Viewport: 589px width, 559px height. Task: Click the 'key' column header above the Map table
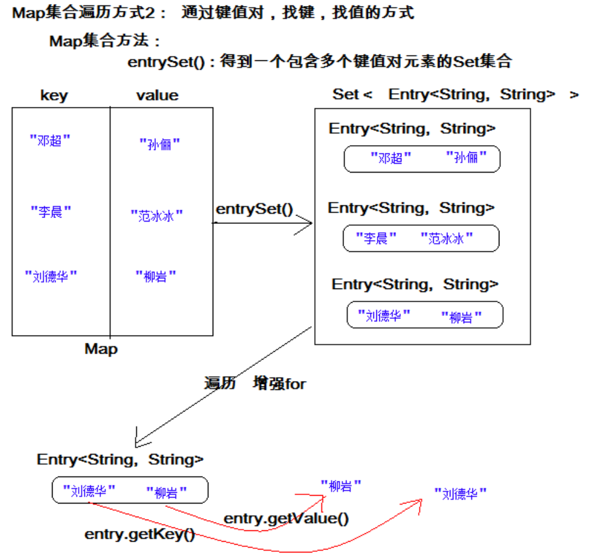coord(54,96)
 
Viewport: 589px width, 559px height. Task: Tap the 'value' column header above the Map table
coord(157,96)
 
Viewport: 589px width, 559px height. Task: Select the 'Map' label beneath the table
coord(101,349)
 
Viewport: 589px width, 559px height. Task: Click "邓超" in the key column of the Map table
coord(50,141)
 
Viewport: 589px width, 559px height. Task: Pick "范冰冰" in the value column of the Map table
coord(157,216)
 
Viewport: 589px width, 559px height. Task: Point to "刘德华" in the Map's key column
coord(51,276)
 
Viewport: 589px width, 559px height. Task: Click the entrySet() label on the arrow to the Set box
coord(254,209)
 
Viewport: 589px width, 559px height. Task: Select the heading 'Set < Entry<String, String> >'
coord(455,94)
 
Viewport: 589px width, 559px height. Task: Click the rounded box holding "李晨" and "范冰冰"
coord(421,238)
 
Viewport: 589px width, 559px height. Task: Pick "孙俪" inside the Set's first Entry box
coord(467,158)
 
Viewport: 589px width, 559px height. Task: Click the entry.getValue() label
coord(286,518)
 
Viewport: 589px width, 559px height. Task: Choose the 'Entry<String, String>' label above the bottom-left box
coord(120,459)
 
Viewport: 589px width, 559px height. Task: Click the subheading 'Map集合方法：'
coord(105,41)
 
